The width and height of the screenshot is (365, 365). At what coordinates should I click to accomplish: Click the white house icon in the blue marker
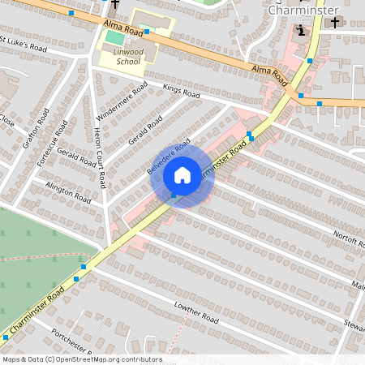pos(182,175)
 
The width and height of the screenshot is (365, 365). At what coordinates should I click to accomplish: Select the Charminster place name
pos(301,12)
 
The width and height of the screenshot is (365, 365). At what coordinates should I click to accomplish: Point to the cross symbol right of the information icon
pos(334,23)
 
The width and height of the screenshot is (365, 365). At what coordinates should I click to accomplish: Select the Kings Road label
pos(181,93)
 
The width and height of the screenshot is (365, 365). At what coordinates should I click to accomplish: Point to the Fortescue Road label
pos(54,144)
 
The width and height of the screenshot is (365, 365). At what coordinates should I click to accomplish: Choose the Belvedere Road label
pos(168,157)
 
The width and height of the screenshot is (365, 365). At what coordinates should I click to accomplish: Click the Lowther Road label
pos(197,313)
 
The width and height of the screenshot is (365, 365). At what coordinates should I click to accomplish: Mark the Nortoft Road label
pos(350,234)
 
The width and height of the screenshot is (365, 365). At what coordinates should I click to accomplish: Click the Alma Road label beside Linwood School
pos(123,32)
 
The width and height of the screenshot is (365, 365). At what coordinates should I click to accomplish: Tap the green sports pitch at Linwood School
pos(115,38)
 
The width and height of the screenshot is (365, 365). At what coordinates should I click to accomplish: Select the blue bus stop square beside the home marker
pos(173,195)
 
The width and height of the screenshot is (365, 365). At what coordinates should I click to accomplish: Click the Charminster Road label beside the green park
pos(32,311)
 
